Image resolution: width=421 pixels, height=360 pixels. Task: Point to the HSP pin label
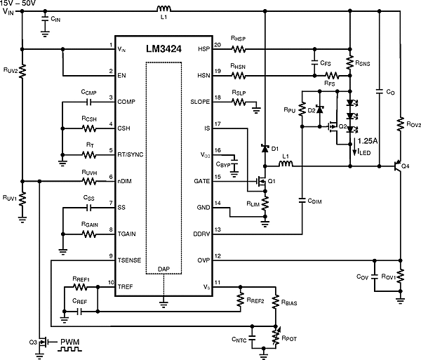204,50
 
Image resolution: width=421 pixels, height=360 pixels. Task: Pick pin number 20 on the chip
218,45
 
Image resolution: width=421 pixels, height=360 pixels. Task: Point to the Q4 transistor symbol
397,167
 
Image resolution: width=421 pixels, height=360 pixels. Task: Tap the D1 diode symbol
265,149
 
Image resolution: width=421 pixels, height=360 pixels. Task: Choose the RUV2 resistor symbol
22,72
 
